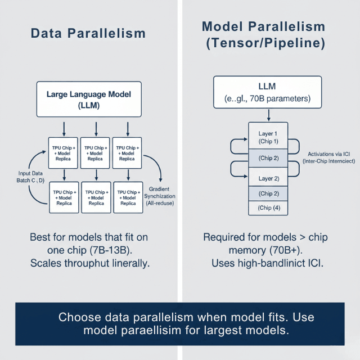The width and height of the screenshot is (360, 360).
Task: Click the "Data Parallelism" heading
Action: [x=88, y=33]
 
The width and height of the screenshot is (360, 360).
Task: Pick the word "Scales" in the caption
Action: [x=48, y=263]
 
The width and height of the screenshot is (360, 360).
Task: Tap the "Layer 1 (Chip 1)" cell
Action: [x=268, y=137]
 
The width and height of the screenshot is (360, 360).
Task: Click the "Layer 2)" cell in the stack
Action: [x=268, y=178]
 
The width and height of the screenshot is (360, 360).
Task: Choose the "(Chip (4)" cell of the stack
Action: [x=268, y=208]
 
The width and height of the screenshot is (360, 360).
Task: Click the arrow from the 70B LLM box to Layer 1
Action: [x=269, y=115]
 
